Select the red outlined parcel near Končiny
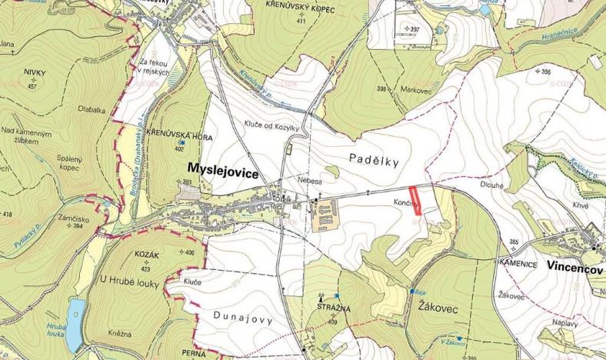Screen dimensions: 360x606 click(415, 198)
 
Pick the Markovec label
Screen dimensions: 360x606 click(415, 89)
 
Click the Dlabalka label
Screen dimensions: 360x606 click(91, 110)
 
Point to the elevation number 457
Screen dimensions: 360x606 click(32, 86)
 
